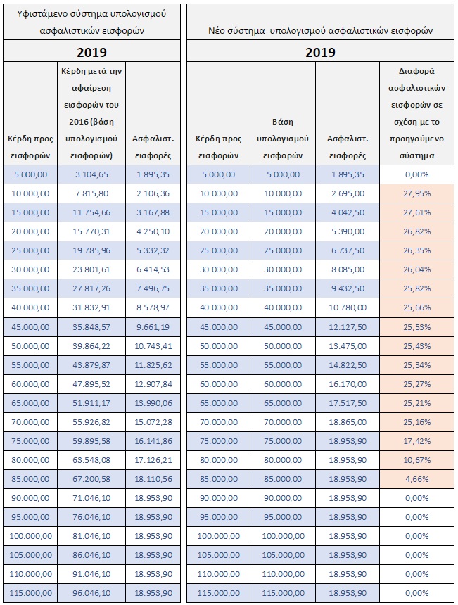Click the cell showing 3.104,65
(91, 174)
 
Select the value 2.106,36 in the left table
(153, 193)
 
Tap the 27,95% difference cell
(416, 193)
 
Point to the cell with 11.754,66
(91, 212)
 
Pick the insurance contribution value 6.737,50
(348, 250)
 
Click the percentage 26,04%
(416, 269)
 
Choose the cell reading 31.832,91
(91, 307)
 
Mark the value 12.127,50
(348, 327)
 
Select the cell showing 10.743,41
(153, 346)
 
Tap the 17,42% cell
(416, 441)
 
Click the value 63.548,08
(91, 460)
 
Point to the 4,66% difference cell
(416, 479)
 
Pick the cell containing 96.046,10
(91, 593)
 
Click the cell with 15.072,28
(153, 422)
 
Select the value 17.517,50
(348, 403)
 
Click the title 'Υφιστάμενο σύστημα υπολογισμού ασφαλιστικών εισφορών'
(92, 22)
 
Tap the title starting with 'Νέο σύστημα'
(320, 30)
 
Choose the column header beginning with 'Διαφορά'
(416, 113)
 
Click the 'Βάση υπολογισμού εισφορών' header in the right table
(283, 139)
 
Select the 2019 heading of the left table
(92, 52)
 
